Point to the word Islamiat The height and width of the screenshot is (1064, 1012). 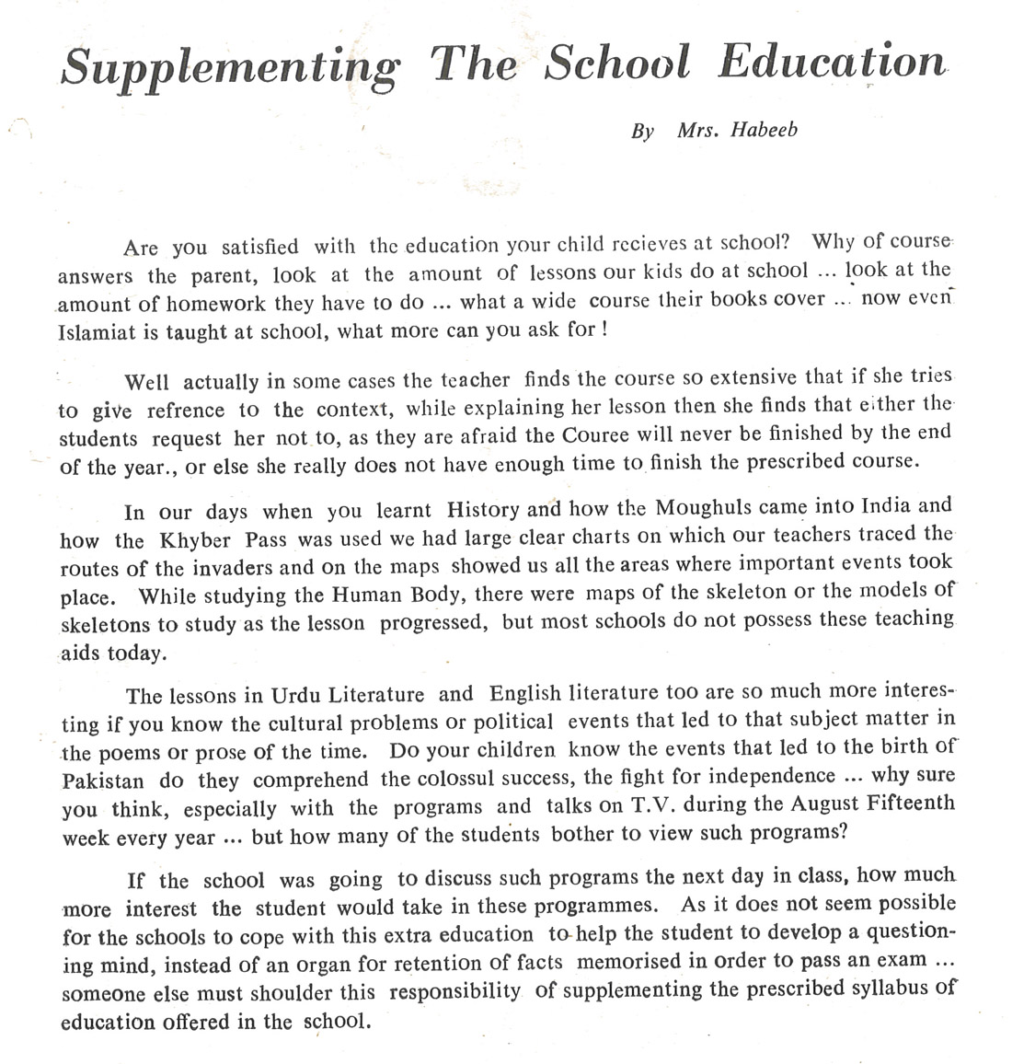pos(98,331)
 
